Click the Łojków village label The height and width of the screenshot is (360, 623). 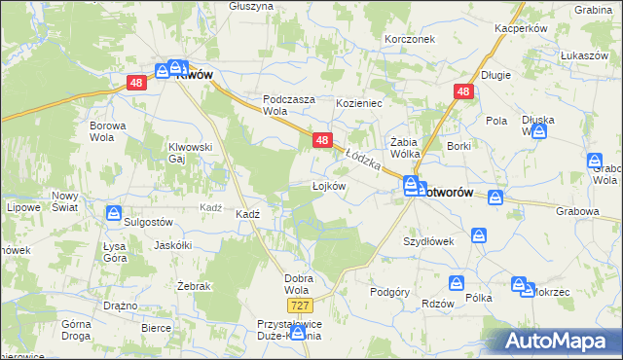tap(329, 186)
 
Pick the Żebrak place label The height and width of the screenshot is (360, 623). tap(167, 286)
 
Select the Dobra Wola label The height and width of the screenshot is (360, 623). tap(298, 284)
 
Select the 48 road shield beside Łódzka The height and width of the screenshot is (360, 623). tap(323, 141)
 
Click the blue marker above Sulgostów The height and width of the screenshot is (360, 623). tap(115, 212)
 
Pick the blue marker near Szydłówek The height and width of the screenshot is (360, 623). tap(479, 235)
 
